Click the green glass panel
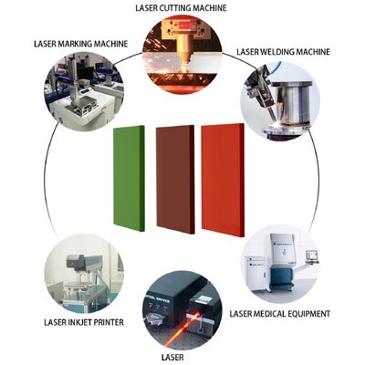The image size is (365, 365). [129, 178]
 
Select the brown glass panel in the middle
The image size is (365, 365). [175, 180]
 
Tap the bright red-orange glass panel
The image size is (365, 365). [223, 180]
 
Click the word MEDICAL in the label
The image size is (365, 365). [270, 314]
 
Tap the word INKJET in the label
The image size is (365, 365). [78, 322]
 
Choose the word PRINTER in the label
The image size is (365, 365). [108, 322]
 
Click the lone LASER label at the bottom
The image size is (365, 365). [172, 357]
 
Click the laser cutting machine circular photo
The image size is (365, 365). [182, 54]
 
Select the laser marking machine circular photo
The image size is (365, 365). [85, 91]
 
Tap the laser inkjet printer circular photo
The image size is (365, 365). [84, 274]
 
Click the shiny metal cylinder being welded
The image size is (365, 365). [291, 102]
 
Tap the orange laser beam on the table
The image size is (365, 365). [181, 331]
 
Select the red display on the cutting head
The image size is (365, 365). [186, 26]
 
